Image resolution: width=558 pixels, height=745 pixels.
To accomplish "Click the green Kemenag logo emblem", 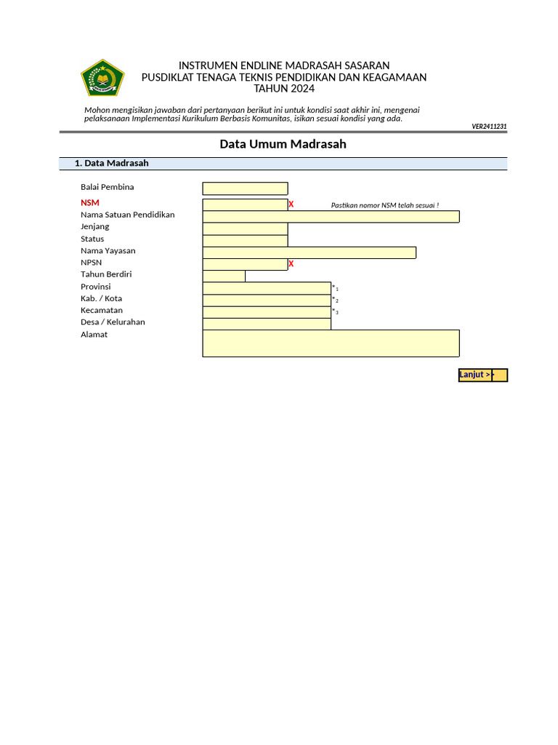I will tap(103, 78).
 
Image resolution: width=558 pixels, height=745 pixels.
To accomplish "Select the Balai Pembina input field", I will tap(245, 188).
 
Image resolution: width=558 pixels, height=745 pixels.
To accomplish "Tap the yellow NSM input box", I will tap(245, 204).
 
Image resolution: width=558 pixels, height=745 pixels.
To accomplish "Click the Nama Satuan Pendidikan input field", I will tap(331, 216).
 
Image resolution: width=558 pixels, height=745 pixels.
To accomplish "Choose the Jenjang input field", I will tap(245, 228).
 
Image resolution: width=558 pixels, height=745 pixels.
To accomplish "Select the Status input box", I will tap(245, 241).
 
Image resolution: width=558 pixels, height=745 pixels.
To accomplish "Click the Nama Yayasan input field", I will tap(309, 252).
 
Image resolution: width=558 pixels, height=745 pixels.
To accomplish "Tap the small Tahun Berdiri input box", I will tap(224, 276).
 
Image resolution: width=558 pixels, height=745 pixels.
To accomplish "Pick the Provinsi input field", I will tap(267, 288).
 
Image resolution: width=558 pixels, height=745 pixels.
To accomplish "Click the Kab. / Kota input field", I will tap(267, 300).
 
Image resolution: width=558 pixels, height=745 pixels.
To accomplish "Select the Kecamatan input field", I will tap(267, 312).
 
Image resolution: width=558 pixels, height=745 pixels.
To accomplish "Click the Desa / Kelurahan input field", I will tap(267, 324).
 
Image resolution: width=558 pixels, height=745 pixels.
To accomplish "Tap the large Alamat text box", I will tap(331, 343).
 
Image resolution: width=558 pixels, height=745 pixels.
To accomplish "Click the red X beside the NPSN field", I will tap(291, 264).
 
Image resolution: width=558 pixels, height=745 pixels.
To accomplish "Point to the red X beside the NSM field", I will tap(291, 204).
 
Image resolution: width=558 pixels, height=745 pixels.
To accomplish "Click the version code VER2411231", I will tap(489, 127).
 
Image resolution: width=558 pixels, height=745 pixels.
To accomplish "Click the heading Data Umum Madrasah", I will tap(283, 144).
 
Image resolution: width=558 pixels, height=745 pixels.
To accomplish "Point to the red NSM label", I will tap(90, 203).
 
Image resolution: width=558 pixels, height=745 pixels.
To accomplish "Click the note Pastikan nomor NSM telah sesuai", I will tap(384, 205).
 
